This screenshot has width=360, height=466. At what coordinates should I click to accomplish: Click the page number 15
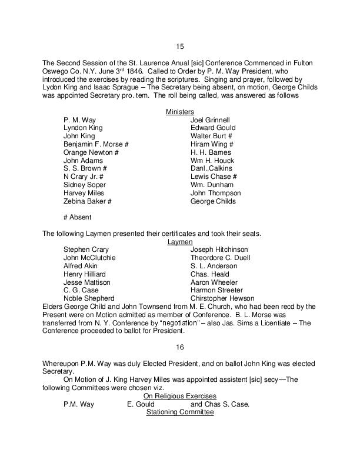tap(180, 46)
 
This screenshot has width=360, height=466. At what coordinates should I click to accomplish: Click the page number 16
tap(180, 347)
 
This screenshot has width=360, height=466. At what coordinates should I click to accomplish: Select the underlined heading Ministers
tap(180, 111)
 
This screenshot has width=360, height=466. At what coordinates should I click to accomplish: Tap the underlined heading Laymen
tap(180, 241)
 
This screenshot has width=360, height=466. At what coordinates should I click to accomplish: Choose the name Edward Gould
tap(213, 128)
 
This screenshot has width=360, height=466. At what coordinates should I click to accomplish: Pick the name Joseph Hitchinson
tap(219, 249)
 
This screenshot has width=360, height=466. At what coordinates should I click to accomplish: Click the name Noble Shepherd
tap(89, 298)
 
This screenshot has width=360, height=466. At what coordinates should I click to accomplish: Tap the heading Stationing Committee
tap(180, 412)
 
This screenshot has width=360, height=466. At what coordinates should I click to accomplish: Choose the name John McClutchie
tap(89, 258)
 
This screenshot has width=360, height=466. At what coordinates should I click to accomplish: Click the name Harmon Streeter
tap(216, 290)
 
